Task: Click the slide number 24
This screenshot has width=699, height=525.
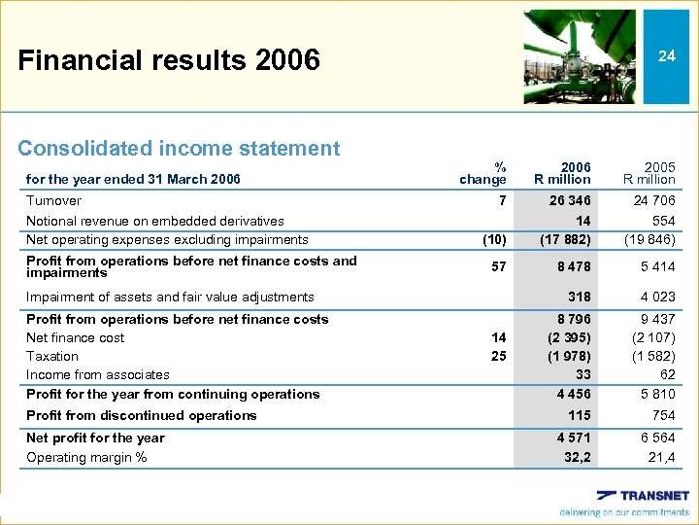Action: coord(666,56)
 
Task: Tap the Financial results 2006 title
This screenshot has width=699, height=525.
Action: coord(169,60)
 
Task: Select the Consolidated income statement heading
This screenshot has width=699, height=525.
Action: coord(179,149)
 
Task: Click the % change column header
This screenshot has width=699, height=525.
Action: coord(483,172)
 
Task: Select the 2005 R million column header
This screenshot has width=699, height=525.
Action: coord(649,172)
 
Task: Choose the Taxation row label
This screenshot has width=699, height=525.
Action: coord(52,357)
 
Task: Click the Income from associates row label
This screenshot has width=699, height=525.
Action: coord(98,375)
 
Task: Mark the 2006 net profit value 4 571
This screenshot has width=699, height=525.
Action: coord(572,438)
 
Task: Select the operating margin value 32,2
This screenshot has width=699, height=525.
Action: coord(577,457)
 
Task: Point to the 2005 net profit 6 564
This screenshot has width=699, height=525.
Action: coord(655,438)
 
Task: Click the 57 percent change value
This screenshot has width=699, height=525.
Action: coord(498,265)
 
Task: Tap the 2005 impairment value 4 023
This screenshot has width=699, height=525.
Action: coord(655,297)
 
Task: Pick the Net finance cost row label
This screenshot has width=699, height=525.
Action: coord(76,338)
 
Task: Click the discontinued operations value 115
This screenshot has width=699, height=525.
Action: coord(579,415)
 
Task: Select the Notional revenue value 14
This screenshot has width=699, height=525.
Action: coord(582,221)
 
